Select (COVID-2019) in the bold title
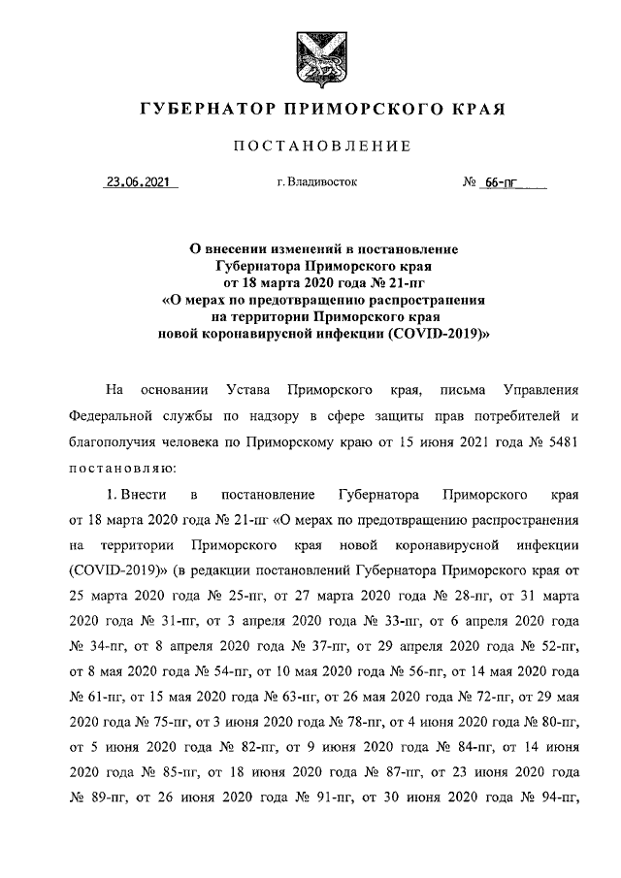click(x=438, y=332)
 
